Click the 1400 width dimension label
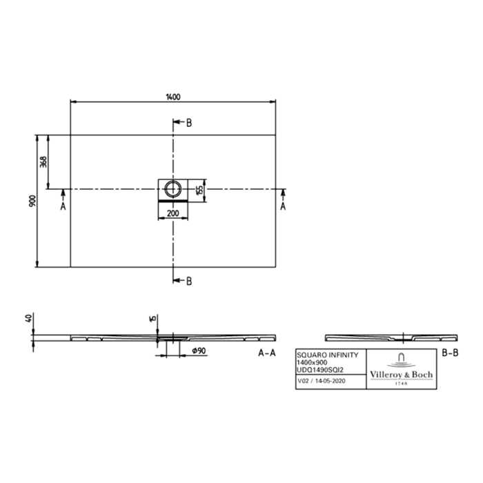pyautogui.click(x=173, y=97)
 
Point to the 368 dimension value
pyautogui.click(x=43, y=161)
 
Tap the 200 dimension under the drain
pyautogui.click(x=173, y=213)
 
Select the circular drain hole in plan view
pyautogui.click(x=172, y=187)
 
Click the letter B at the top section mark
pyautogui.click(x=189, y=123)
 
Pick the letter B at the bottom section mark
pyautogui.click(x=189, y=280)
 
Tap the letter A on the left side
pyautogui.click(x=63, y=206)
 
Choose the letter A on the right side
pyautogui.click(x=283, y=206)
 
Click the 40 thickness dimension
pyautogui.click(x=28, y=319)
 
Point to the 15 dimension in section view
pyautogui.click(x=152, y=319)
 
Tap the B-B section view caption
pyautogui.click(x=449, y=353)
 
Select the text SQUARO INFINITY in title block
pyautogui.click(x=328, y=354)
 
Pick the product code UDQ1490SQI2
pyautogui.click(x=322, y=370)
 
